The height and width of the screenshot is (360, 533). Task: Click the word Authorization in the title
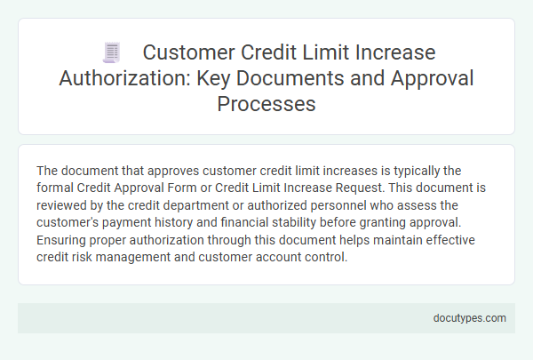[x=119, y=77]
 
